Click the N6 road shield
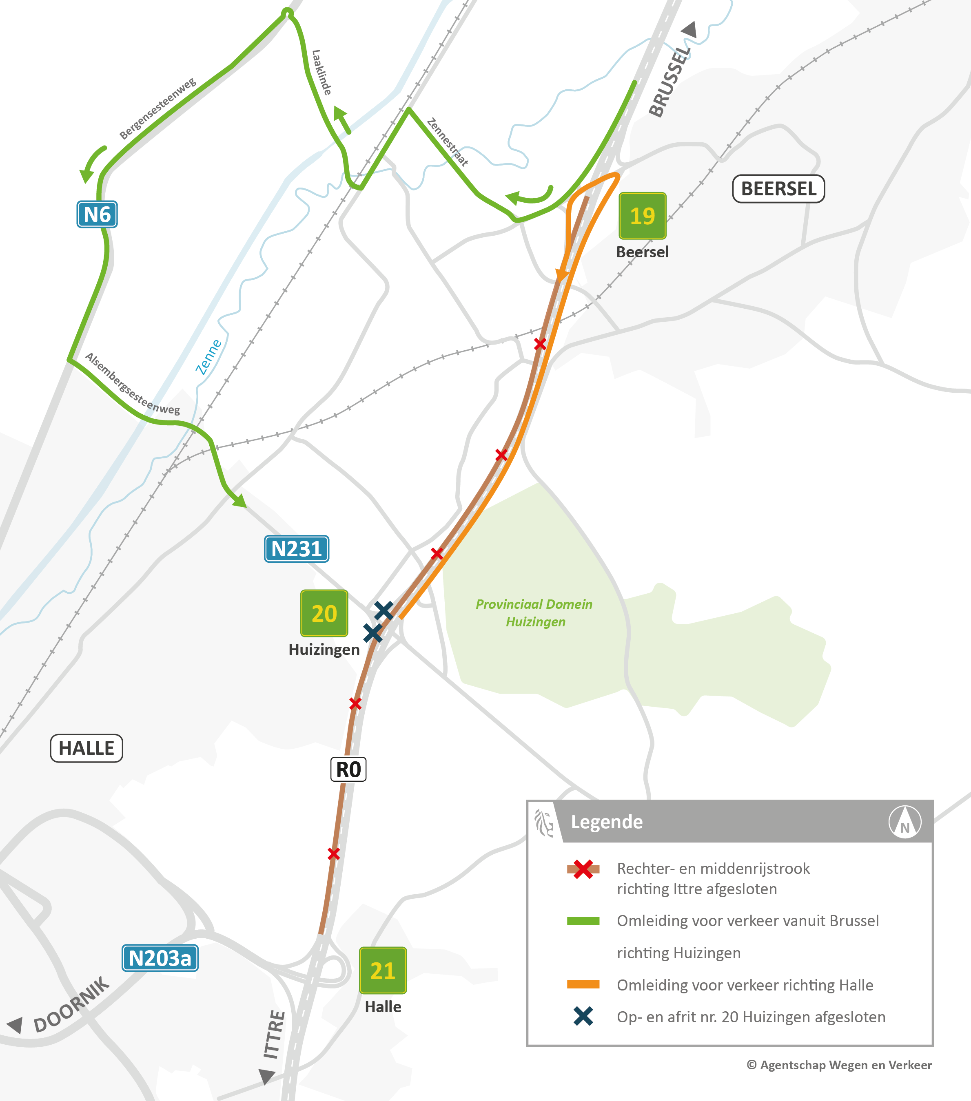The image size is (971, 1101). [97, 214]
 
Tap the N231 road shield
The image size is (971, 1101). [296, 549]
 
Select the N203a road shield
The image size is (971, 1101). [160, 958]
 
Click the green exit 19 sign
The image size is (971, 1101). [642, 215]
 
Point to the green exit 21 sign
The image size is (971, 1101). [383, 971]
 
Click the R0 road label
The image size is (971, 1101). [348, 769]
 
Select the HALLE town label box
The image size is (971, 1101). [86, 748]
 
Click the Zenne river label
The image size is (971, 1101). [208, 356]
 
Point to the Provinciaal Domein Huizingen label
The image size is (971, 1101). [534, 613]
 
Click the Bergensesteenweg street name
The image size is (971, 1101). [157, 109]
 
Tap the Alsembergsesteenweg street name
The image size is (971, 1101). [132, 384]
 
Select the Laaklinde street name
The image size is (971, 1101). [321, 72]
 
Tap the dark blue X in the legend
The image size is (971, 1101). [583, 1017]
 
